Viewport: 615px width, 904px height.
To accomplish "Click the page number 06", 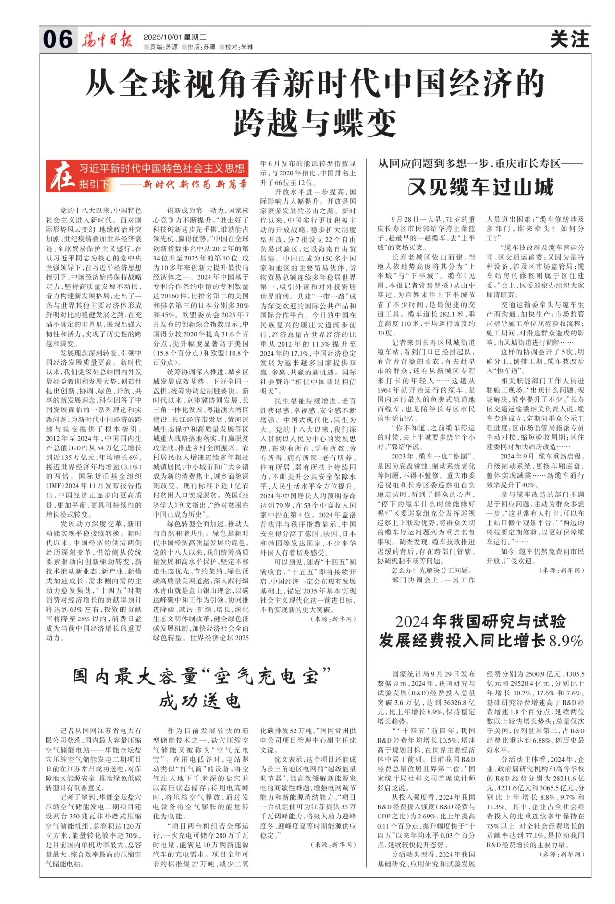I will click(x=58, y=39).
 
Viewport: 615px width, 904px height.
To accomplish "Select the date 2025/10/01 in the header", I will click(x=163, y=37).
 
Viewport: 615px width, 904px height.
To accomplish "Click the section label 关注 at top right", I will click(x=569, y=39).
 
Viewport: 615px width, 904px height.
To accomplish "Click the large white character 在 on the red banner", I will click(x=62, y=176).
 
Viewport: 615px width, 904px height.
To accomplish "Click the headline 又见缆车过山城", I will click(x=480, y=187).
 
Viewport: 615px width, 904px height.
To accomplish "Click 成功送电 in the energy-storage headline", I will click(x=199, y=701).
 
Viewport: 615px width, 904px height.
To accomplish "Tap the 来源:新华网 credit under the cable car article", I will click(x=562, y=570).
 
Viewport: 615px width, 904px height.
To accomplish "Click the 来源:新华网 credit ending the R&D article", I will click(x=562, y=854).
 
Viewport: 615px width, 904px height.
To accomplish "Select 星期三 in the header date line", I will click(x=197, y=37).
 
